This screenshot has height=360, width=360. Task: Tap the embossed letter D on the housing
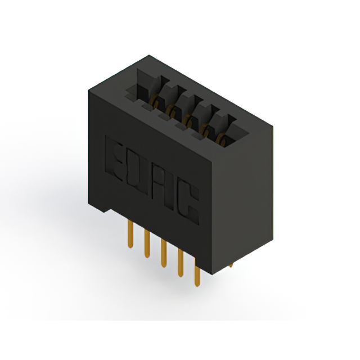tap(137, 173)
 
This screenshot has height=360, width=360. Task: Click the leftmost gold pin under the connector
tap(130, 234)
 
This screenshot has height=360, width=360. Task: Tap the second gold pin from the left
tap(147, 244)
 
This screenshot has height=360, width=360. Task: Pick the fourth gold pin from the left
tap(181, 263)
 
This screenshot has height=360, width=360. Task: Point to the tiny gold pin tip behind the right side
tap(231, 265)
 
